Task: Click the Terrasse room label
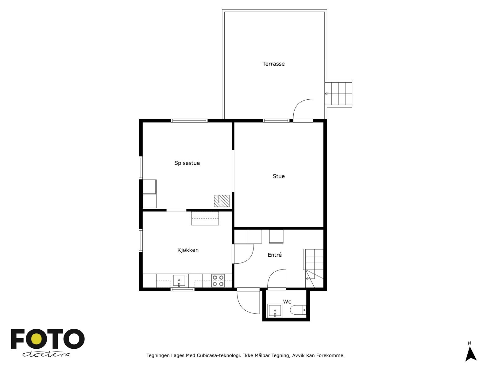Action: (x=273, y=64)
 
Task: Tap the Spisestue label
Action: (x=187, y=163)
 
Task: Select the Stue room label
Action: (x=279, y=176)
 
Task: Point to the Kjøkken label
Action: (x=188, y=250)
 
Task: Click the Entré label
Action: (x=275, y=255)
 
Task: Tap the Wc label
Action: (x=287, y=302)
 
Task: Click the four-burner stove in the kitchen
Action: (x=218, y=281)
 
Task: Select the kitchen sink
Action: (x=179, y=280)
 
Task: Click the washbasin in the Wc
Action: (x=275, y=311)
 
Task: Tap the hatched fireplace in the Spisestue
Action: (x=222, y=201)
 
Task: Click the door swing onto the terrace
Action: (x=303, y=110)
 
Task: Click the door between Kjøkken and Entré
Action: (x=243, y=254)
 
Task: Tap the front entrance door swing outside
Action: (x=248, y=302)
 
